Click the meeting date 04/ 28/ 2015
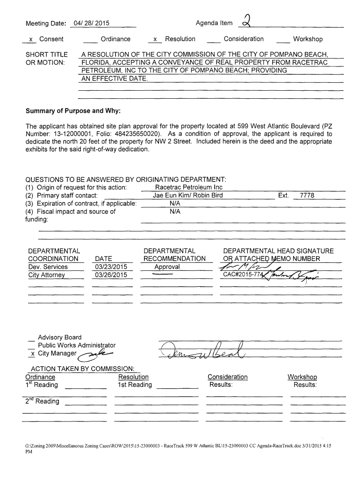click(x=88, y=23)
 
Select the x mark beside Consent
click(x=30, y=39)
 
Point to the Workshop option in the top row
click(x=308, y=39)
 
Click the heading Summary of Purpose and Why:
click(x=73, y=111)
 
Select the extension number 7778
click(x=307, y=195)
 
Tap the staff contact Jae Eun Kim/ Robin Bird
click(x=187, y=195)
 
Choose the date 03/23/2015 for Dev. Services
click(x=111, y=267)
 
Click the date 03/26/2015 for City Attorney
click(x=111, y=275)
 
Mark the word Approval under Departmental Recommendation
click(x=167, y=267)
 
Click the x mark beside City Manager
click(x=31, y=354)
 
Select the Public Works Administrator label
click(x=76, y=345)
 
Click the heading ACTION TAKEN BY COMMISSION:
click(x=83, y=369)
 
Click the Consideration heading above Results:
click(x=227, y=377)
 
